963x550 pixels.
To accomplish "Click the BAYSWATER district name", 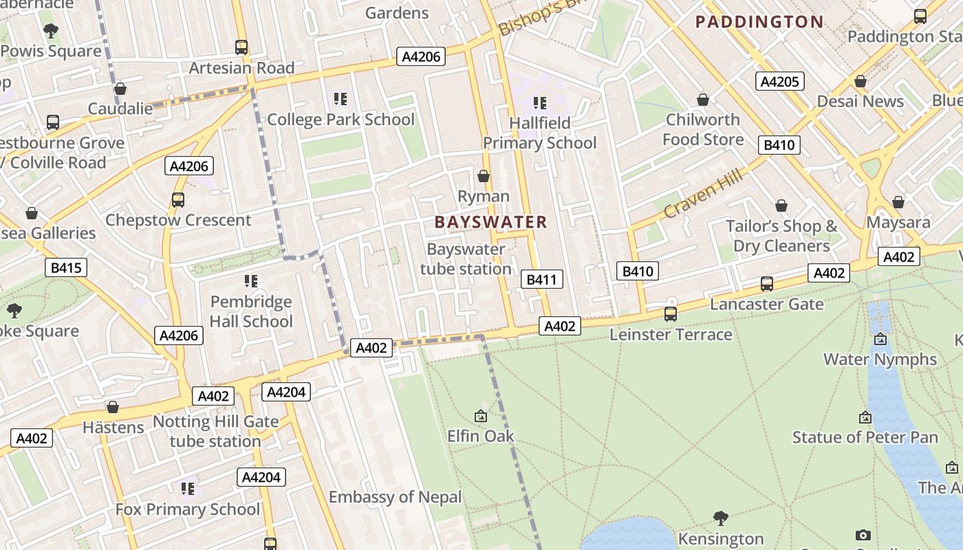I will (490, 222).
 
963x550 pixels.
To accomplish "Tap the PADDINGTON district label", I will (759, 22).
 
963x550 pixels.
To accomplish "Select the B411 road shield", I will (542, 279).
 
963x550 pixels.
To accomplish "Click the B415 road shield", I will (66, 267).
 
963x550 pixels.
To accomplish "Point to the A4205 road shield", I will (779, 82).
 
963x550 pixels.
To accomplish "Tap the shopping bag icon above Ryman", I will (484, 176).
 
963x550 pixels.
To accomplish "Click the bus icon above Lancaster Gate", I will (766, 283).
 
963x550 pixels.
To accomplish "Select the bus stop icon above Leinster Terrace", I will (671, 314).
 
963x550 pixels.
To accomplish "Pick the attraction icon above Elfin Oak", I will (481, 416).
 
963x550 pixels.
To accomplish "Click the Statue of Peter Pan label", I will (865, 437).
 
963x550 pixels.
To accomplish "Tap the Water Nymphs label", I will (880, 359).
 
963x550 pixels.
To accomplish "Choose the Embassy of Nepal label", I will (395, 497).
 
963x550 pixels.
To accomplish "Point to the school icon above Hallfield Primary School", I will (540, 103).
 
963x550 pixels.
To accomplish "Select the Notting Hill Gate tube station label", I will (215, 431).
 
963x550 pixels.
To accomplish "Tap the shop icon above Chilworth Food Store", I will (702, 100).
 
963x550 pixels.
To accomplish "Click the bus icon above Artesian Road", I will (241, 47).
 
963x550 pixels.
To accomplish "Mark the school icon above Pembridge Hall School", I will (251, 281).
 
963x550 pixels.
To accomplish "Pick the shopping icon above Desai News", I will (860, 81).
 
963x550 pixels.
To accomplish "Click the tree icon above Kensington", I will (720, 517).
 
